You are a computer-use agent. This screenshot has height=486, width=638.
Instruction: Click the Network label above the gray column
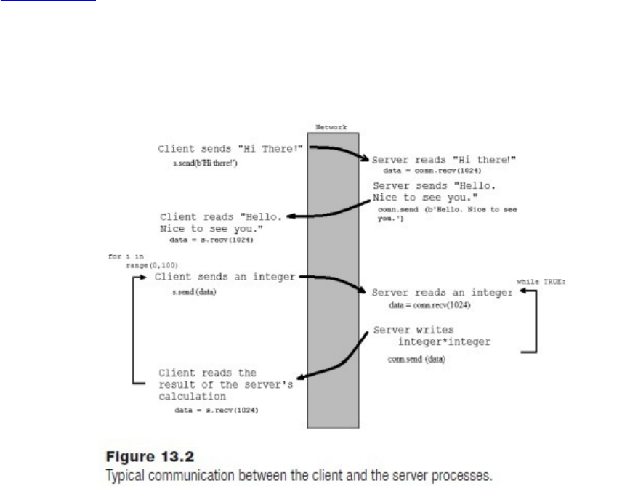point(331,127)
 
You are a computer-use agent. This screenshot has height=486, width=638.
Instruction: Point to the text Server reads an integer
point(442,292)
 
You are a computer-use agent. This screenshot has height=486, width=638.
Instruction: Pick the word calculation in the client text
point(194,397)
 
